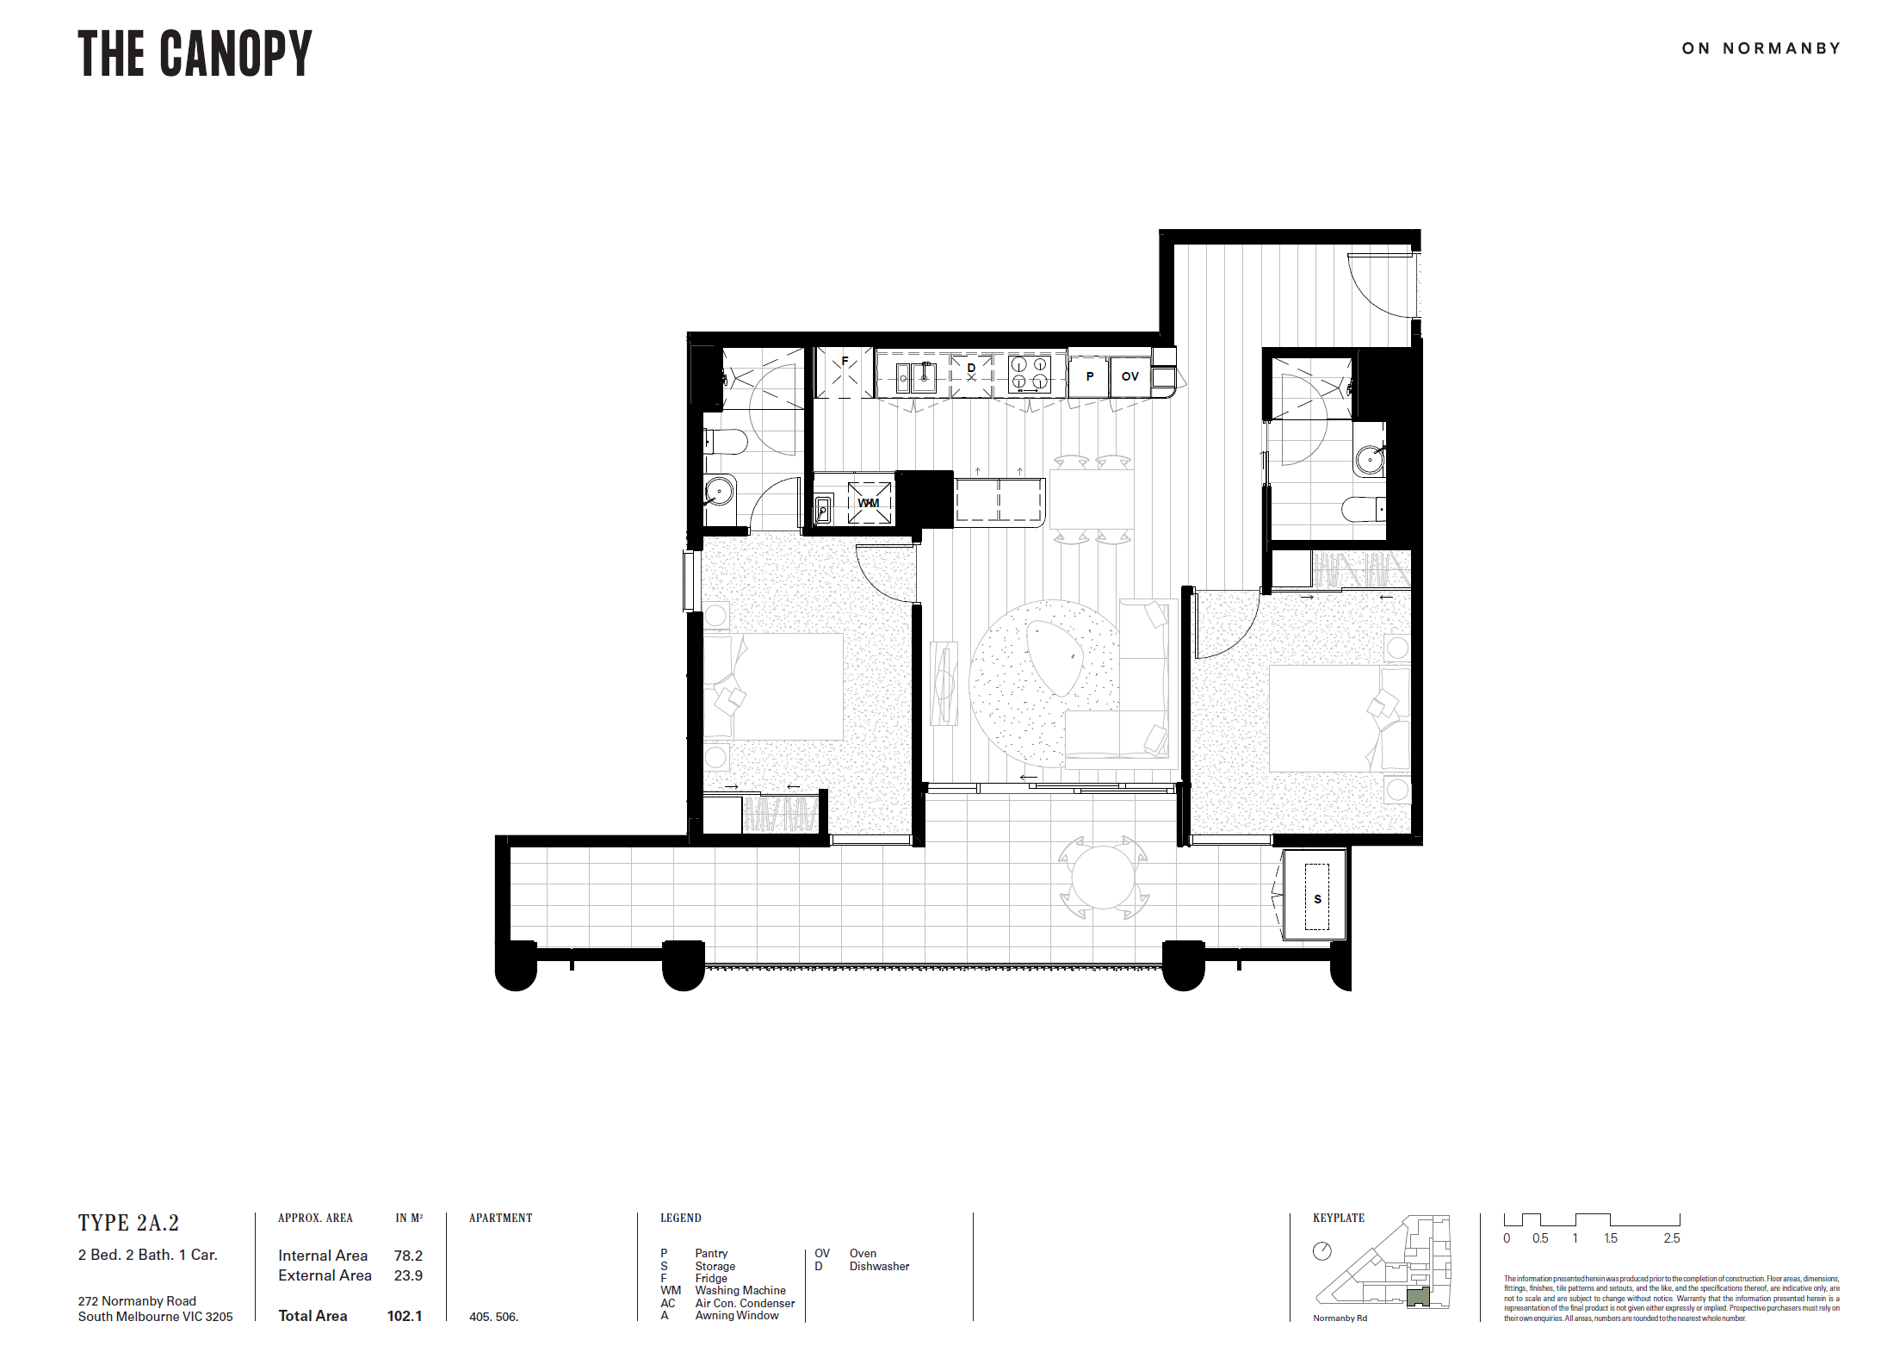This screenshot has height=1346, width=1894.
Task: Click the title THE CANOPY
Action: pyautogui.click(x=195, y=53)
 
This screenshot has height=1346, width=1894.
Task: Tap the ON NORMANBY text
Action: pyautogui.click(x=1761, y=48)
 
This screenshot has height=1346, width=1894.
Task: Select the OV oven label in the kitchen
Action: pyautogui.click(x=1130, y=376)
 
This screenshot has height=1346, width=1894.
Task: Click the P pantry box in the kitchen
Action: pyautogui.click(x=1089, y=376)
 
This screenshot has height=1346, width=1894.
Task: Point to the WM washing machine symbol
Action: pyautogui.click(x=870, y=503)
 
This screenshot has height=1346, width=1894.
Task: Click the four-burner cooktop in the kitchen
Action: pyautogui.click(x=1030, y=374)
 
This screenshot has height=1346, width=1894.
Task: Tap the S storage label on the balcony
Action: pyautogui.click(x=1317, y=899)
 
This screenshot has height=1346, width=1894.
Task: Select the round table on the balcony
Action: pyautogui.click(x=1103, y=877)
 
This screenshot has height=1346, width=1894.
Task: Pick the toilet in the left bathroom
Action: pyautogui.click(x=726, y=443)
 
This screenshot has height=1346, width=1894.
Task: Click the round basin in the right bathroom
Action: pyautogui.click(x=1370, y=459)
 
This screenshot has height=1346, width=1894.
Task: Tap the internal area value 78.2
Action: pyautogui.click(x=408, y=1256)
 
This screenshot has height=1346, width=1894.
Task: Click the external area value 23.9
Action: pyautogui.click(x=408, y=1275)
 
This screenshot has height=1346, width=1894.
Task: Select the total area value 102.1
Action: pyautogui.click(x=405, y=1316)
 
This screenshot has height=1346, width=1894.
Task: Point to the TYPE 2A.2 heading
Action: pyautogui.click(x=128, y=1223)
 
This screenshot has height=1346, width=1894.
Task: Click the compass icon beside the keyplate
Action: pyautogui.click(x=1322, y=1251)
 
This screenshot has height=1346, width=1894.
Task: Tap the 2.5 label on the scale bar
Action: pyautogui.click(x=1672, y=1238)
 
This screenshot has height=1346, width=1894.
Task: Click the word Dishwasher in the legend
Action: pyautogui.click(x=879, y=1266)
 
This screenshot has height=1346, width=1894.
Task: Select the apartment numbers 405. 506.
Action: pyautogui.click(x=494, y=1317)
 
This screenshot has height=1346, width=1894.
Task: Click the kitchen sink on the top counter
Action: pyautogui.click(x=916, y=378)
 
